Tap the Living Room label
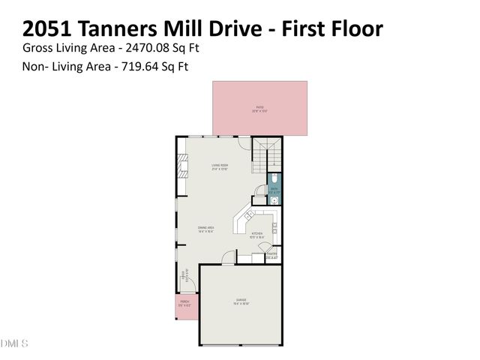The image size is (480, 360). (218, 168)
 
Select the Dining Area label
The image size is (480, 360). (206, 229)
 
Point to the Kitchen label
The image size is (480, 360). (257, 236)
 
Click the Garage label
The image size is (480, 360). (241, 301)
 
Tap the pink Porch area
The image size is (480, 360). (185, 306)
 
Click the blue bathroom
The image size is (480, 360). (274, 188)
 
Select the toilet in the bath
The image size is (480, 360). (275, 180)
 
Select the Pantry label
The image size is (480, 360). (271, 256)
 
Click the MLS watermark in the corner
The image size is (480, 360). (13, 343)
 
